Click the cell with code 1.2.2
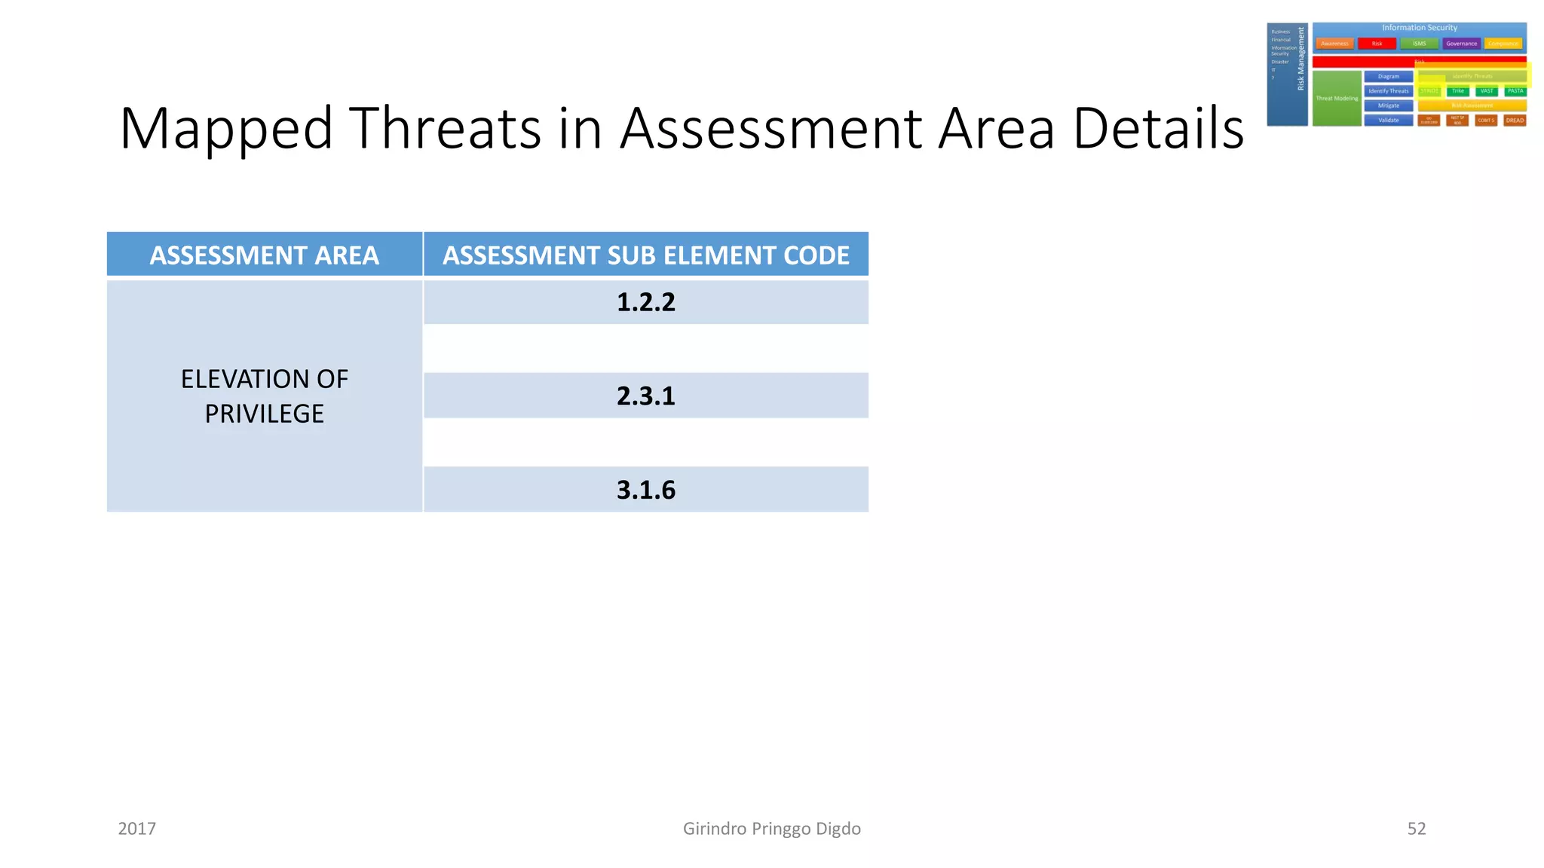pyautogui.click(x=645, y=302)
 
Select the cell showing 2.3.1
pyautogui.click(x=645, y=396)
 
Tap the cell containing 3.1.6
pyautogui.click(x=645, y=490)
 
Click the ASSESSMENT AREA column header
pyautogui.click(x=264, y=255)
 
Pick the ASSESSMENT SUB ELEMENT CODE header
pyautogui.click(x=645, y=255)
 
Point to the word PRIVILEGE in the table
pyautogui.click(x=264, y=414)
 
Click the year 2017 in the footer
pyautogui.click(x=136, y=829)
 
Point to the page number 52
pyautogui.click(x=1416, y=829)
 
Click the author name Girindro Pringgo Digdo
pyautogui.click(x=771, y=829)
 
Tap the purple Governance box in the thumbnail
pyautogui.click(x=1461, y=44)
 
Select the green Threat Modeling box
pyautogui.click(x=1337, y=99)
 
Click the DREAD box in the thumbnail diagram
pyautogui.click(x=1515, y=121)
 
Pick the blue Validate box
pyautogui.click(x=1388, y=121)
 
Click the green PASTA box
pyautogui.click(x=1515, y=91)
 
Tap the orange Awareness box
pyautogui.click(x=1334, y=44)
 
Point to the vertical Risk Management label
pyautogui.click(x=1300, y=59)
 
